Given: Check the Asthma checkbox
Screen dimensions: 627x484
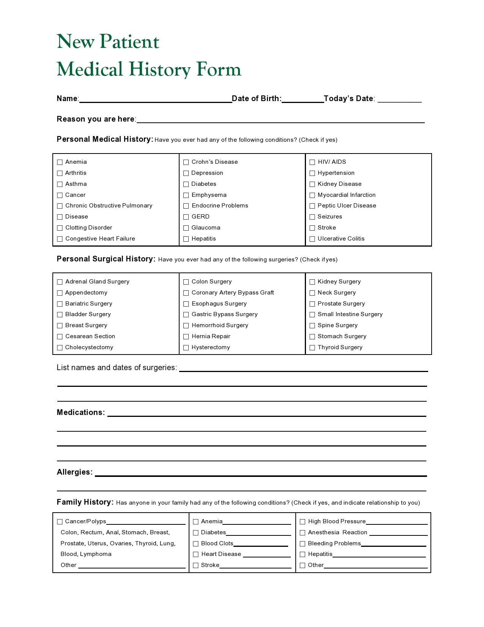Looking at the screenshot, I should (60, 184).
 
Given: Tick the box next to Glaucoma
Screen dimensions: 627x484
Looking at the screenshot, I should (186, 228).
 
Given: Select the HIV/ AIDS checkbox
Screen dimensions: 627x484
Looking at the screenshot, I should (312, 162).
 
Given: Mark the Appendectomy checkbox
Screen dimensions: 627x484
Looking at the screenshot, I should (60, 293).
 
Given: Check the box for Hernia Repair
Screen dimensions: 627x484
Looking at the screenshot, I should (186, 337).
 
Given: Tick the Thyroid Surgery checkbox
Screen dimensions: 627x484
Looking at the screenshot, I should (312, 348).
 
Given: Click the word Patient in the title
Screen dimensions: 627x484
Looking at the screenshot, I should (129, 41).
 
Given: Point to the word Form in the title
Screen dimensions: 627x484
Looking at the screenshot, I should (219, 69).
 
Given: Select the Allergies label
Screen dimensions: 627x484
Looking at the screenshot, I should (74, 472).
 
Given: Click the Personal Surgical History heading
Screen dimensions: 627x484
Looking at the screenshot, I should (106, 259).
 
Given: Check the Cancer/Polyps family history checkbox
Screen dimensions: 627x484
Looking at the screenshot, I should (60, 522).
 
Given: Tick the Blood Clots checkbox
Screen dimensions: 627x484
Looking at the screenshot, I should (196, 544).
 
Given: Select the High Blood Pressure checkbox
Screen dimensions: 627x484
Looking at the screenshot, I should (303, 522).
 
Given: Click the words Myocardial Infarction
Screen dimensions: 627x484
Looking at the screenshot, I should (347, 195).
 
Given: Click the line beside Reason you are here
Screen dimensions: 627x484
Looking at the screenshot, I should (280, 120).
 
